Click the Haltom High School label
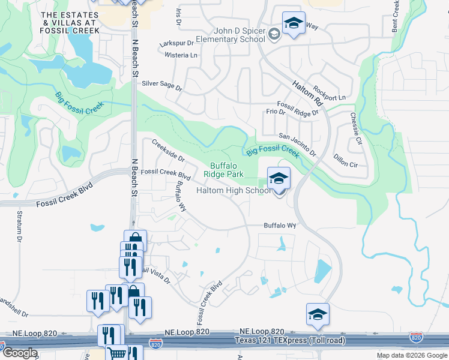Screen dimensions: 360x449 tap(234, 191)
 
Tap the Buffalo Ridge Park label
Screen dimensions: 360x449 tap(227, 170)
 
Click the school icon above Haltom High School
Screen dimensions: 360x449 tap(279, 179)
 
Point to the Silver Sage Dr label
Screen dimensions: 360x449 tap(161, 86)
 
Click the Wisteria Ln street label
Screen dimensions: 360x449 tap(181, 55)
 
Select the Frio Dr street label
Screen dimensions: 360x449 tap(275, 112)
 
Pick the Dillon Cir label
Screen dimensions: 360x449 tap(345, 164)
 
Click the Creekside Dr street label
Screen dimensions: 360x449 tap(167, 150)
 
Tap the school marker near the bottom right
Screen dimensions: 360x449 tap(318, 314)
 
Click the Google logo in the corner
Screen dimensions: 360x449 tap(19, 353)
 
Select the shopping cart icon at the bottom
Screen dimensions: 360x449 tap(116, 353)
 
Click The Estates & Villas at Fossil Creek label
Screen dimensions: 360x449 tap(66, 22)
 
